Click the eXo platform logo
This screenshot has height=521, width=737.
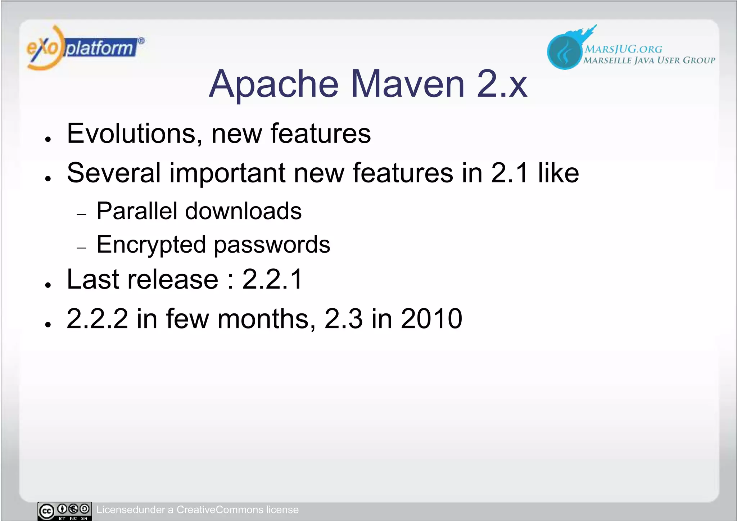pyautogui.click(x=85, y=48)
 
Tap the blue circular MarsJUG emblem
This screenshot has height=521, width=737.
pyautogui.click(x=564, y=52)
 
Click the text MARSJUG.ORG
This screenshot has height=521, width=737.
pyautogui.click(x=623, y=49)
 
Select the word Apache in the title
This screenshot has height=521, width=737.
pyautogui.click(x=273, y=85)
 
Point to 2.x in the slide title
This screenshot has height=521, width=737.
pyautogui.click(x=502, y=85)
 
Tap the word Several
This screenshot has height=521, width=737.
pyautogui.click(x=114, y=173)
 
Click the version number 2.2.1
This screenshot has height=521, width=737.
pyautogui.click(x=272, y=280)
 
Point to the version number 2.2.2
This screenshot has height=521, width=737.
pyautogui.click(x=97, y=319)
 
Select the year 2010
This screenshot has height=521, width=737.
pyautogui.click(x=431, y=319)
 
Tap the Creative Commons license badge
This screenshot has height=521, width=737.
pyautogui.click(x=65, y=511)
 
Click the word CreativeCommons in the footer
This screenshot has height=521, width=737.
pyautogui.click(x=220, y=510)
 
